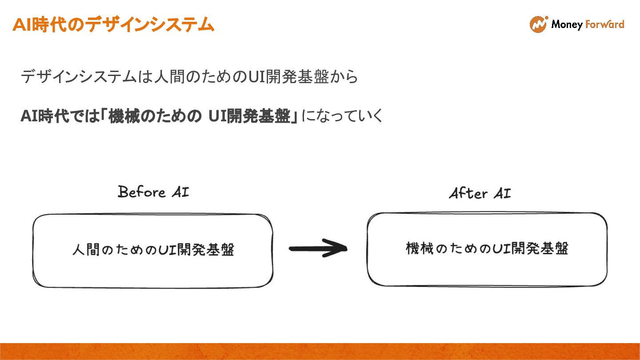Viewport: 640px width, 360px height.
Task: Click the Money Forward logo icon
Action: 538,24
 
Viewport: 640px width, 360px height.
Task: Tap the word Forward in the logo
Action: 605,24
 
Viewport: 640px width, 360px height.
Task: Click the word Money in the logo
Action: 567,24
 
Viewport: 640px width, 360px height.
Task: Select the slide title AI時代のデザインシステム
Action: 113,24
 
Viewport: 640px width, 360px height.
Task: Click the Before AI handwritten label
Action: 153,192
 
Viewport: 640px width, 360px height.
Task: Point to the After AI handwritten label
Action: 480,193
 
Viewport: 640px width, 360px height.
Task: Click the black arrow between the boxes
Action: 317,248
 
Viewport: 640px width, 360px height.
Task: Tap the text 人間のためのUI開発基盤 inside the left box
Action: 153,250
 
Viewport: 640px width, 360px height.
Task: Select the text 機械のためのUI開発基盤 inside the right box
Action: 487,248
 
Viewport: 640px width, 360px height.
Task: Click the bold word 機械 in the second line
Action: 122,116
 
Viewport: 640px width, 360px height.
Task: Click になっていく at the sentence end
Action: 342,116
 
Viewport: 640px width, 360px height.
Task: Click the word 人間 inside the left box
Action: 86,250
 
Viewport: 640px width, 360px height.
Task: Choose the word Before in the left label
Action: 135,192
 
